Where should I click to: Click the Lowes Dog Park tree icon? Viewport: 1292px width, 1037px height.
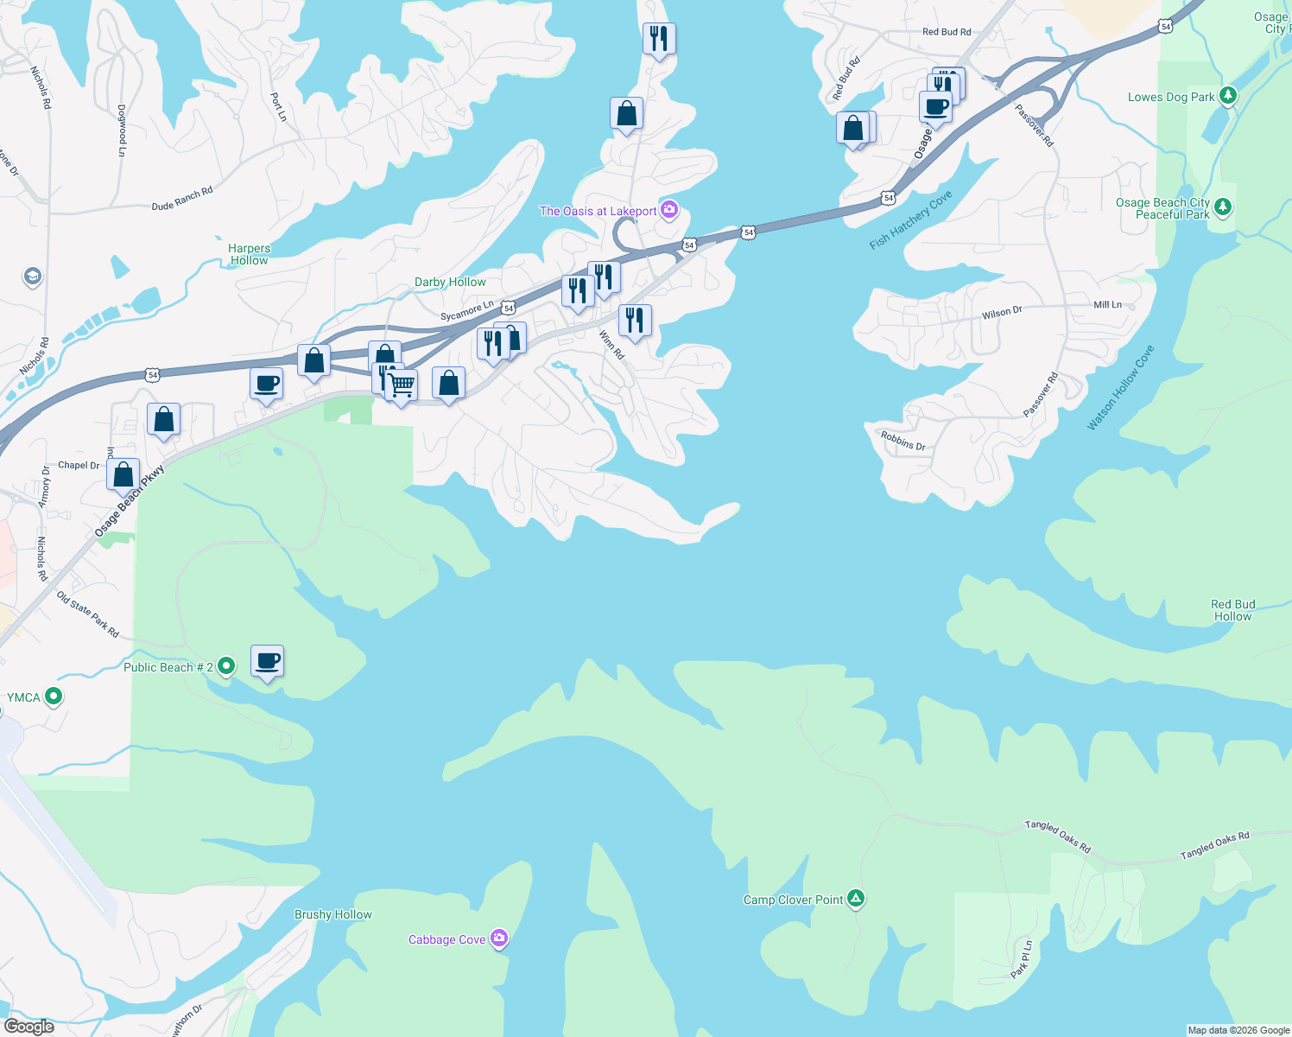tap(1227, 97)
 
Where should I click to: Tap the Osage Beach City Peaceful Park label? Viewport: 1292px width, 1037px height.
tap(1162, 208)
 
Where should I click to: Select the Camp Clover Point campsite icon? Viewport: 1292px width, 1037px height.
tap(855, 900)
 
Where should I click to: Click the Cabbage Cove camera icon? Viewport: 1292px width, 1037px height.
tap(498, 939)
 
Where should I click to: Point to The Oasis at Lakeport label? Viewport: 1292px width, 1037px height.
tap(598, 211)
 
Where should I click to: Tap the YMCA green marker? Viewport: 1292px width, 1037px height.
tap(54, 697)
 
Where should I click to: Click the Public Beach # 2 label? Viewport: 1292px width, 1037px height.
tap(168, 667)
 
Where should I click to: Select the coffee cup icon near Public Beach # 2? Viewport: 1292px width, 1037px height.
tap(268, 662)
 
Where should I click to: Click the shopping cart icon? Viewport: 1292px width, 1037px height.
tap(402, 385)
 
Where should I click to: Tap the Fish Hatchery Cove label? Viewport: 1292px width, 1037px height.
tap(910, 219)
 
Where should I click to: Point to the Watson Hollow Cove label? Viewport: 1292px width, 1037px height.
tap(1120, 387)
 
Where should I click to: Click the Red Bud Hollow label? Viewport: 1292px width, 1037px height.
tap(1232, 610)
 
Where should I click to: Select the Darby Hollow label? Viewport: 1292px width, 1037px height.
tap(450, 282)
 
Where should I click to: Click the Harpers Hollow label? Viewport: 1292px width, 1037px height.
tap(249, 254)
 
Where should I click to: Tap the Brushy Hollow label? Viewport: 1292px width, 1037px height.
tap(332, 914)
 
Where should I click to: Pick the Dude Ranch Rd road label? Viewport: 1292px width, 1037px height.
tap(182, 199)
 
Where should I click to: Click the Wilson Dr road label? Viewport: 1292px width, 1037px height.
tap(1001, 313)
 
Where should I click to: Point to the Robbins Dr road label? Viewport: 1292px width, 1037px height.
tap(902, 441)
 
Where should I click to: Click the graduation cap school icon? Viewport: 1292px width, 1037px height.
tap(33, 277)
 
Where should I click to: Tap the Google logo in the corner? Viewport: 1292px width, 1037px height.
tap(29, 1027)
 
